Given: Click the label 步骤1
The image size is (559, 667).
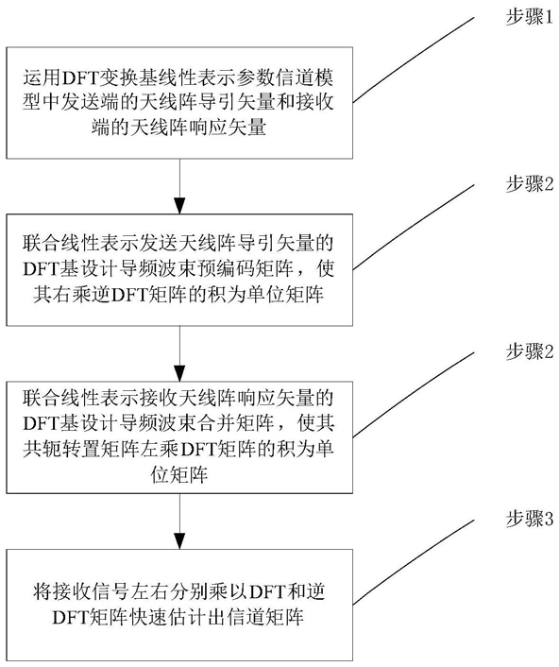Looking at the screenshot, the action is pyautogui.click(x=529, y=17).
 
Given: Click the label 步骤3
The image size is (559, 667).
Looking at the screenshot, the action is pyautogui.click(x=529, y=520).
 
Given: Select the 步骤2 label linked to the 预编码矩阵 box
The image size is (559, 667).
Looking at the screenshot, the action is pyautogui.click(x=529, y=184).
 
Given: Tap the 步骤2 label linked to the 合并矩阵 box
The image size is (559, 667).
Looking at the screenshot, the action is pyautogui.click(x=529, y=351).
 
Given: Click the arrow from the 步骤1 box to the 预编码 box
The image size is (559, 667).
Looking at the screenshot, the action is pyautogui.click(x=179, y=186).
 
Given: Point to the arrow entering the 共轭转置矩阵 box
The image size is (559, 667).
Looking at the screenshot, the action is pyautogui.click(x=179, y=353).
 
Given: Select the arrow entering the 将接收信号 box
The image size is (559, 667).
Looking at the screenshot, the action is pyautogui.click(x=179, y=522).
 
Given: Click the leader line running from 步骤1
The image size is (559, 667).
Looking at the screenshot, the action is pyautogui.click(x=414, y=60).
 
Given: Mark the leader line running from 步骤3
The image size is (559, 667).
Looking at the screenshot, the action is pyautogui.click(x=414, y=561).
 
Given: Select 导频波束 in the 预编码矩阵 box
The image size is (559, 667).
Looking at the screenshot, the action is pyautogui.click(x=159, y=269).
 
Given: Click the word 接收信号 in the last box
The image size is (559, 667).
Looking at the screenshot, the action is pyautogui.click(x=91, y=591).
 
